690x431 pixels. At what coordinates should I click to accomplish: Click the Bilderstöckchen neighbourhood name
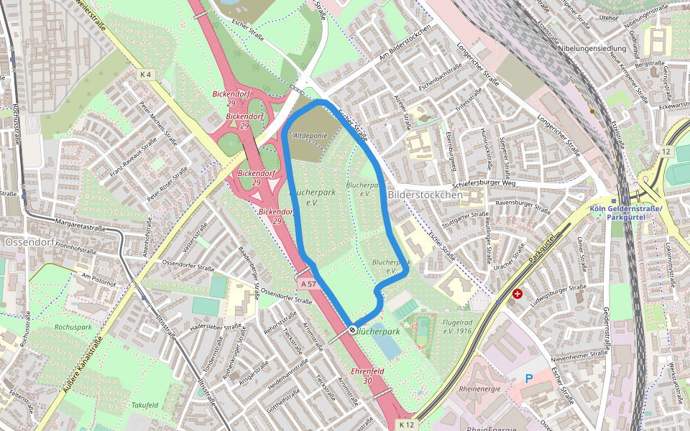click(x=425, y=195)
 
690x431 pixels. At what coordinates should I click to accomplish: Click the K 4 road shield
click(x=146, y=74)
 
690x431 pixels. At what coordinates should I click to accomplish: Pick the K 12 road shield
click(x=407, y=425)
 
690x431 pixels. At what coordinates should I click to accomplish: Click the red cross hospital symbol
click(x=517, y=294)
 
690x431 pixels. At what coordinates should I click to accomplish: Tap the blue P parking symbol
click(x=529, y=379)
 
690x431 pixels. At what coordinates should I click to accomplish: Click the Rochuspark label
click(x=73, y=327)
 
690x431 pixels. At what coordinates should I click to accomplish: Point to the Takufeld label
click(x=144, y=405)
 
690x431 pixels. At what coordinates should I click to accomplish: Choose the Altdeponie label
click(x=310, y=135)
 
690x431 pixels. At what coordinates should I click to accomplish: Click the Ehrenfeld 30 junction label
click(x=367, y=376)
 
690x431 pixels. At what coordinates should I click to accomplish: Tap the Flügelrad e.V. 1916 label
click(x=457, y=327)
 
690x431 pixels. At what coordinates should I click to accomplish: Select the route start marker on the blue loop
click(x=352, y=329)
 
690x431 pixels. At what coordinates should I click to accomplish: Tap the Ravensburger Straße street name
click(x=523, y=207)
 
